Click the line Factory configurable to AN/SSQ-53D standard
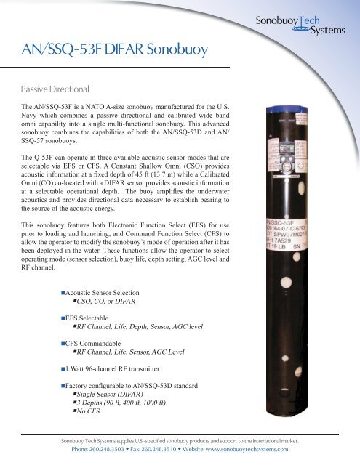pyautogui.click(x=138, y=392)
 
